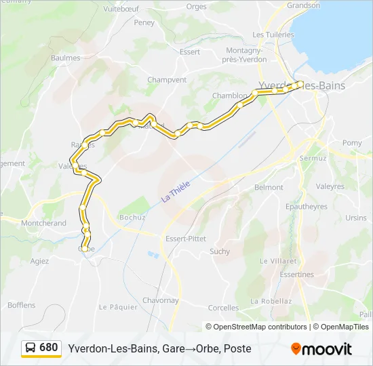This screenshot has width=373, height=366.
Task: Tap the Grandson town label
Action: tap(303, 5)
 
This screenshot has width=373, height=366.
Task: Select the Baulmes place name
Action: tap(66, 58)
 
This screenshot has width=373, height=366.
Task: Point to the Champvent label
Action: tap(167, 80)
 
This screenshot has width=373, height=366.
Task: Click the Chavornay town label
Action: tap(160, 300)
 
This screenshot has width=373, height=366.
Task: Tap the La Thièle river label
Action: tap(176, 190)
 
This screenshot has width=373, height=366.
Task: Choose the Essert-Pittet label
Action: tap(186, 239)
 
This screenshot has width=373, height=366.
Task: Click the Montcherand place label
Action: tap(44, 223)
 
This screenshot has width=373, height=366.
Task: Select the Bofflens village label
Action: tap(22, 305)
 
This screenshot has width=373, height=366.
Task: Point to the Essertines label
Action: tap(296, 274)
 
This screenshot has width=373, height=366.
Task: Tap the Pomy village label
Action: tap(352, 143)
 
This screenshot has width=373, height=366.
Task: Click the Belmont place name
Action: tap(269, 187)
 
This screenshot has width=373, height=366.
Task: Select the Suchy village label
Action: tap(220, 251)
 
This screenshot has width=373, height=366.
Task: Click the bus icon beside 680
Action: tap(31, 348)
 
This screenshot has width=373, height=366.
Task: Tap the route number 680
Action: tap(49, 348)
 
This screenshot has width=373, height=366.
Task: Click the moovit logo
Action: tap(321, 349)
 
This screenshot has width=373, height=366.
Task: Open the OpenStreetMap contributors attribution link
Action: tap(260, 327)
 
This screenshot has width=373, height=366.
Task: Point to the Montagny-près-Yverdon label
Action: tap(246, 54)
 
